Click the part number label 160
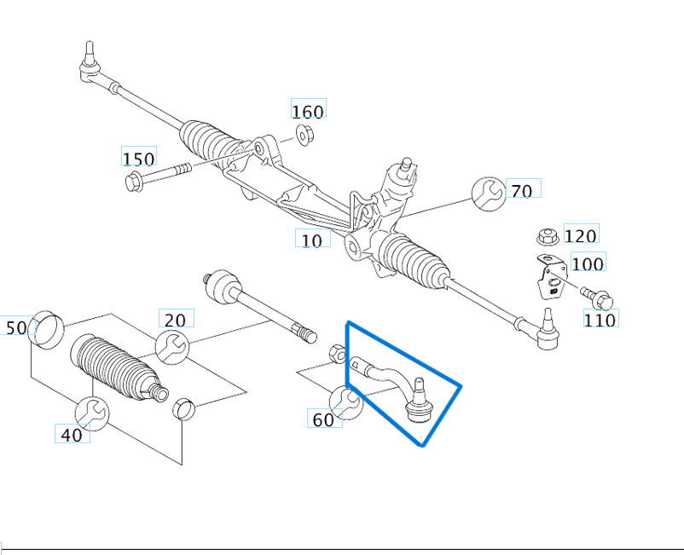pos(308,111)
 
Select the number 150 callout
pos(138,159)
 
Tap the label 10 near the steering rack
pos(312,240)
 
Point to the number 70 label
pos(522,190)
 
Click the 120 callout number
pos(581,235)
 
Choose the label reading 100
pos(587,263)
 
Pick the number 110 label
pos(600,320)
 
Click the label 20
pos(175,320)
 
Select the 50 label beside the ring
pos(16,327)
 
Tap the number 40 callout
pos(72,435)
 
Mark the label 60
pos(323,419)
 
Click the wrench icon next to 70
pos(488,194)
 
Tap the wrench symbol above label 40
pos(92,413)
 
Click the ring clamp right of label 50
pos(46,329)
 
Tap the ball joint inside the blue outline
pos(420,401)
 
